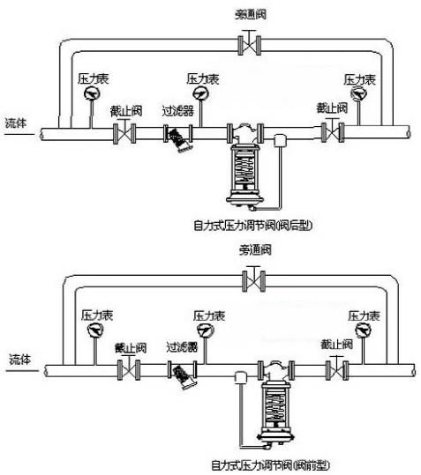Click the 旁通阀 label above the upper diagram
click(x=251, y=14)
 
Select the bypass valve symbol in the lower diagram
click(x=253, y=279)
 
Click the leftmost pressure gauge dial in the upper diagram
click(x=92, y=93)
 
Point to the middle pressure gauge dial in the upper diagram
click(x=200, y=93)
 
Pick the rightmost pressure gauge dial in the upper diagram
click(x=358, y=93)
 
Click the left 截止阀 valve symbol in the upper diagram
click(x=124, y=132)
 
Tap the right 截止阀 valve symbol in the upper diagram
click(x=333, y=130)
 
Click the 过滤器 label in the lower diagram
click(x=182, y=346)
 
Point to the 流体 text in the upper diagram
click(x=16, y=123)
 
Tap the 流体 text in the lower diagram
click(x=20, y=360)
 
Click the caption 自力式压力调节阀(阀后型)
click(x=253, y=226)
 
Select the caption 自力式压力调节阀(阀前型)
click(x=270, y=464)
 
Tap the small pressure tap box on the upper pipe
click(x=281, y=141)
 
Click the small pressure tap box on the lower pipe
click(x=241, y=377)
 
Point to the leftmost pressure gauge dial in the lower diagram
click(x=95, y=330)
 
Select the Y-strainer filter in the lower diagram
click(x=183, y=375)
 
